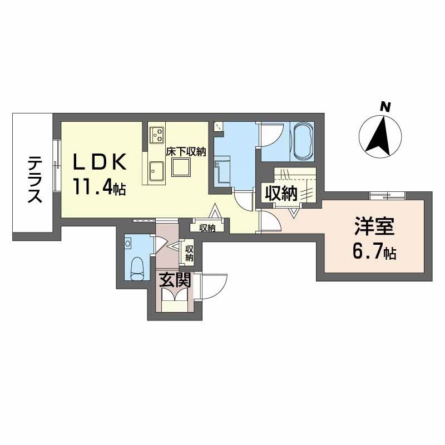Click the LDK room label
point(100,162)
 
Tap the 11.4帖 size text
point(100,187)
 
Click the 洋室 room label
point(374,227)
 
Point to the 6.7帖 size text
point(374,251)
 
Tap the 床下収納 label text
point(186,152)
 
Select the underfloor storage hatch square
point(180,168)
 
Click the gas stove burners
point(157,135)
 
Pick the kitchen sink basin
point(156,171)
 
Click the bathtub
point(303,142)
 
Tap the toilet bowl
point(137,269)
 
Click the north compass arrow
point(379,136)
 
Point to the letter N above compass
point(385,107)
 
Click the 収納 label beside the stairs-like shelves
point(281,194)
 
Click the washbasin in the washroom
point(222,172)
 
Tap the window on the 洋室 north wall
point(387,196)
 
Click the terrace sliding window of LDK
point(58,165)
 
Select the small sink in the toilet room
point(128,244)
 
